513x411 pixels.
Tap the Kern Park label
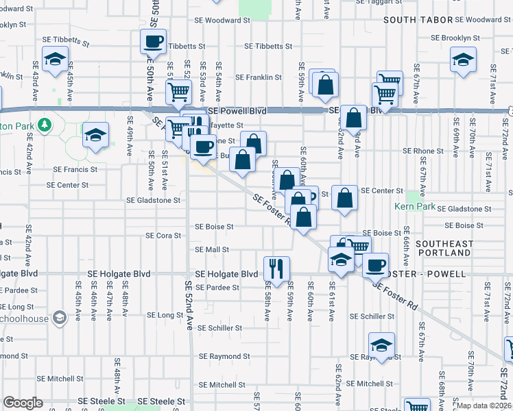point(416,206)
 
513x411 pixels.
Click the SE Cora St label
point(163,236)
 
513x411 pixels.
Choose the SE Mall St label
point(212,250)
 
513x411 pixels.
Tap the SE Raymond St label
point(224,357)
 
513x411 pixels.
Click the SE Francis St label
point(75,169)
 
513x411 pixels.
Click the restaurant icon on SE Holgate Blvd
point(276,268)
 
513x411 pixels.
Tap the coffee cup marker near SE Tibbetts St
point(154,41)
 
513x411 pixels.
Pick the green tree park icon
point(45,124)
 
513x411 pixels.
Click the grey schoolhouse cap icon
point(59,316)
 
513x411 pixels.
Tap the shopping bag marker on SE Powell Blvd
point(353,118)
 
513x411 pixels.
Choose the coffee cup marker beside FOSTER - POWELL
point(375,265)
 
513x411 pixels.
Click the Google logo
point(23,403)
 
